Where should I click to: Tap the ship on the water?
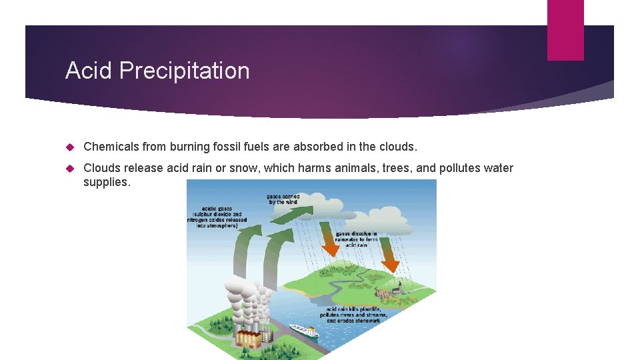pos(303,330)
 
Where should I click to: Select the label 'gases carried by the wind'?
pos(283,199)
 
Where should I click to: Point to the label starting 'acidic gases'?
pos(217,217)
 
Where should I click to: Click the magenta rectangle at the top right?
pos(565,30)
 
